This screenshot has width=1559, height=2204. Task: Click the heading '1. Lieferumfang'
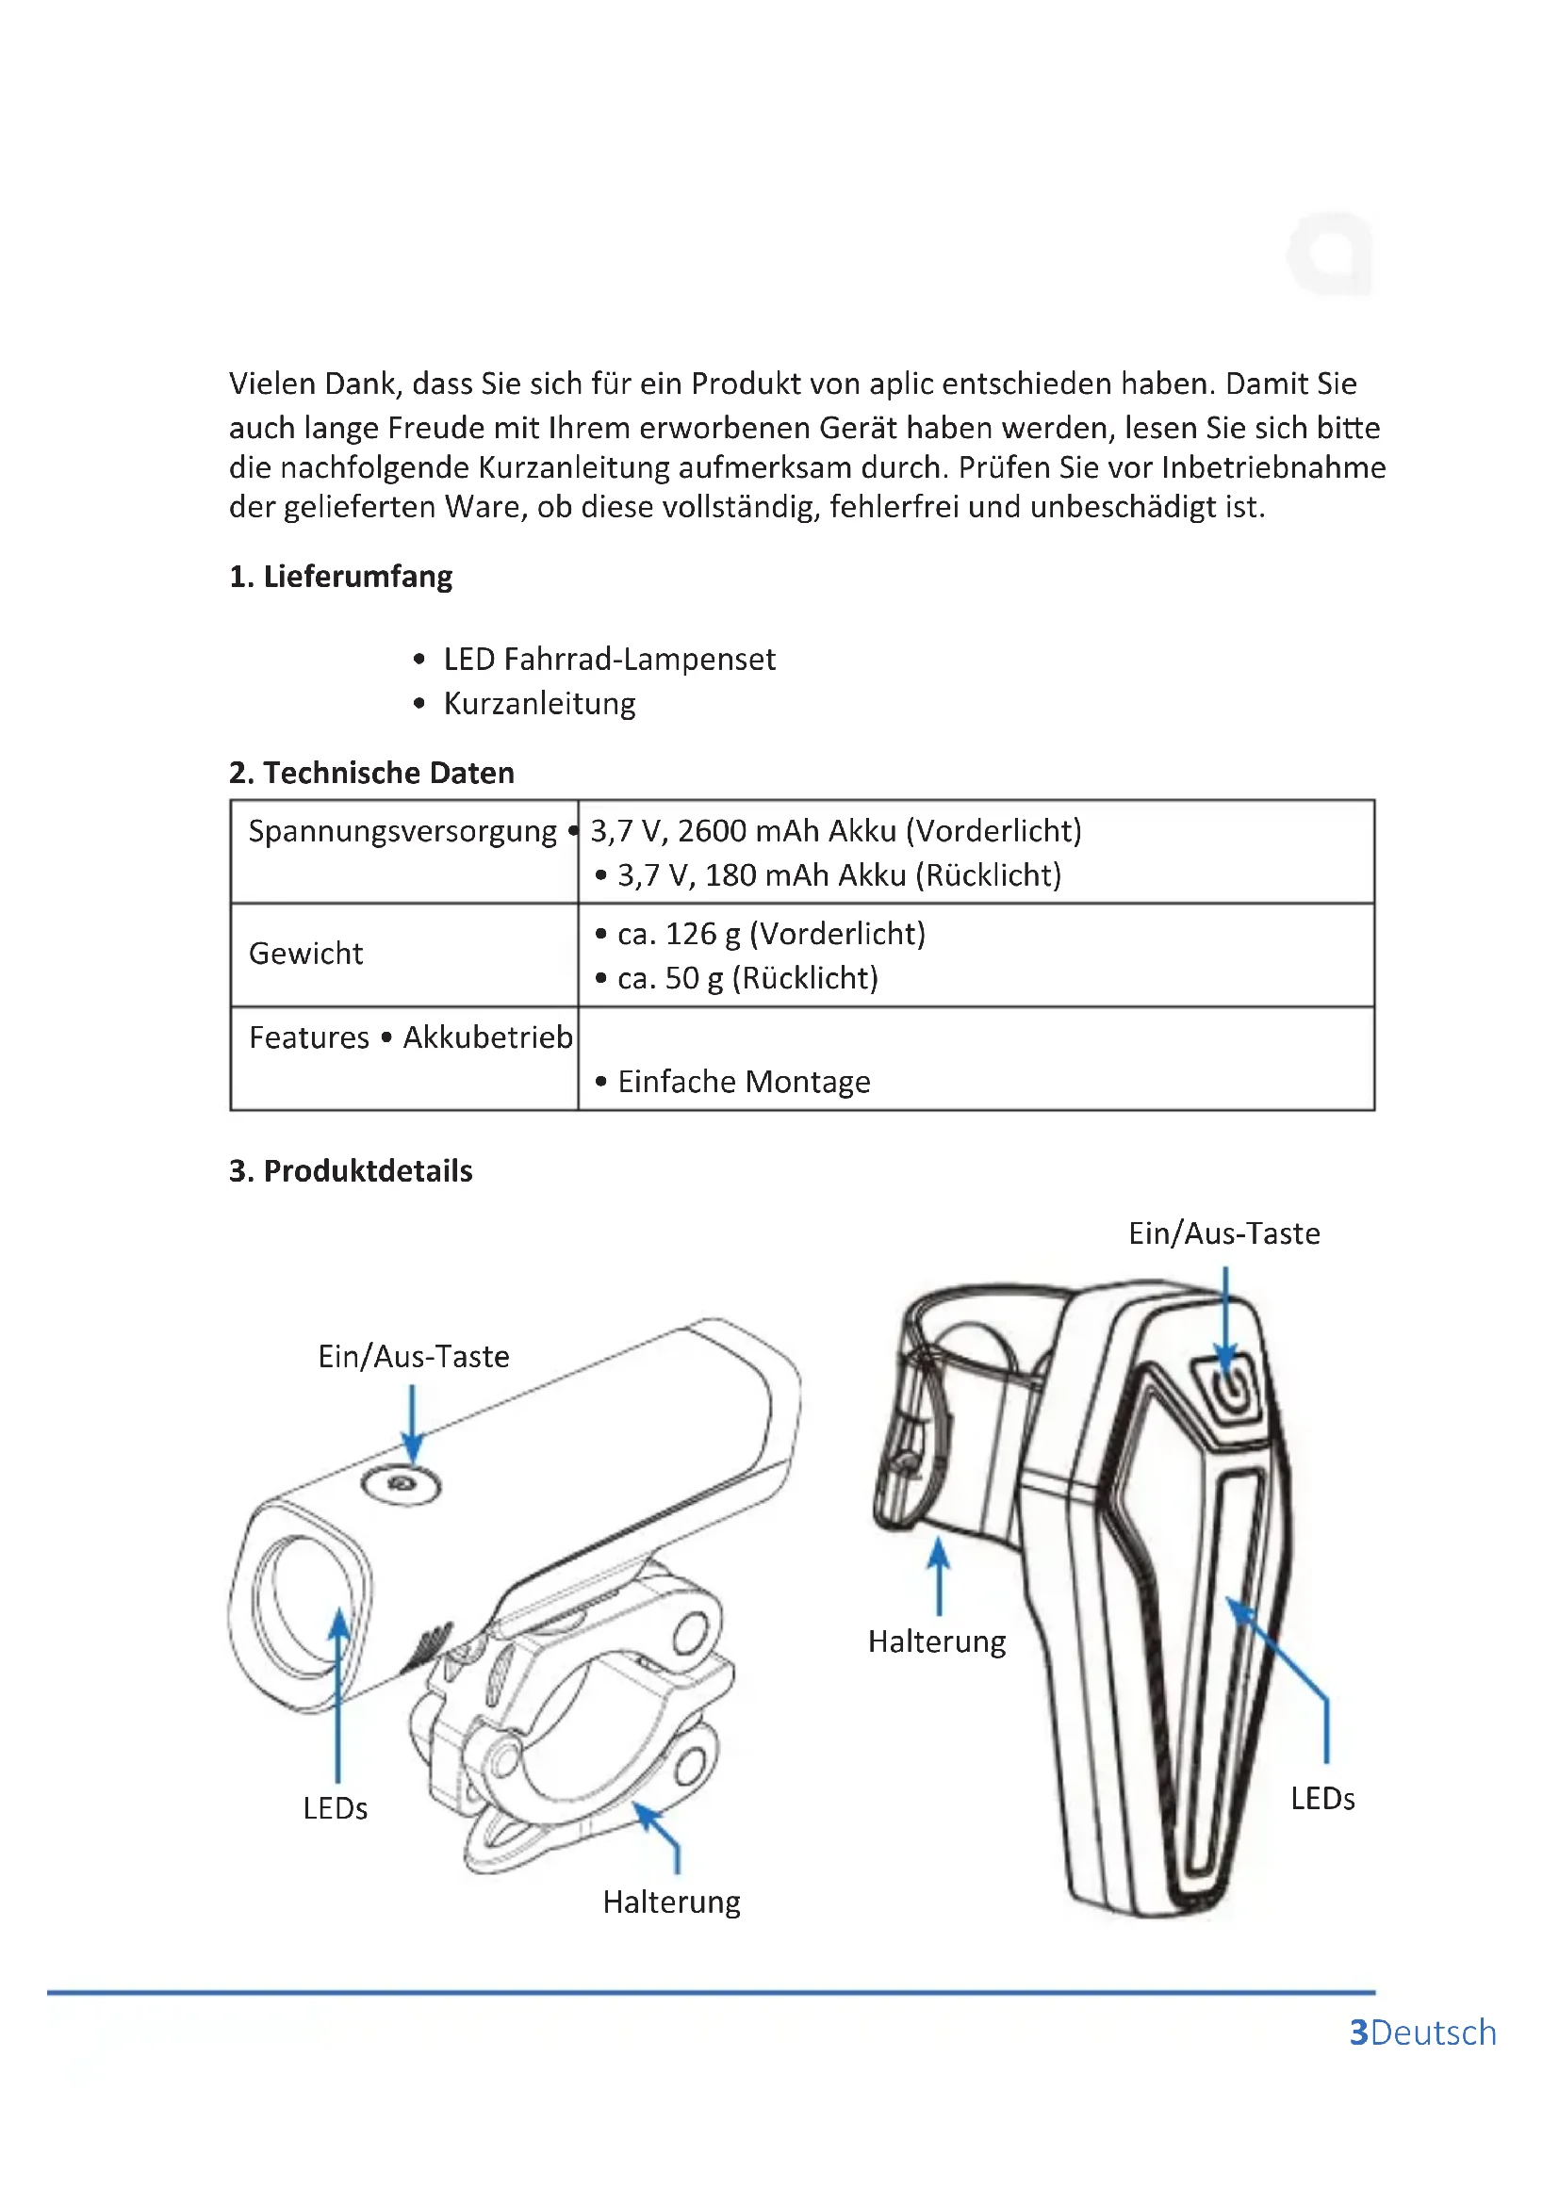(x=340, y=577)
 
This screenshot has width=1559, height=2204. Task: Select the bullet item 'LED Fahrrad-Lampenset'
(x=609, y=660)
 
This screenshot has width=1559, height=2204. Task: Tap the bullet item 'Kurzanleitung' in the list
(x=539, y=704)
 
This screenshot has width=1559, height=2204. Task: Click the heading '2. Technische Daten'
(x=370, y=773)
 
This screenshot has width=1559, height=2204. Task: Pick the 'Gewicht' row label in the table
(x=305, y=954)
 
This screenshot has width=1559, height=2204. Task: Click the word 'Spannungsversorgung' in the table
(x=402, y=831)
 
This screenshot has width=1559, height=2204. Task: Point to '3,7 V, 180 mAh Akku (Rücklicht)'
(x=838, y=875)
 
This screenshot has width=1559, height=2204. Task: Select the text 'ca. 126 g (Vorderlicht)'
(x=771, y=934)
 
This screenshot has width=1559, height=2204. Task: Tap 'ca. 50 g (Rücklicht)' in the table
(x=747, y=978)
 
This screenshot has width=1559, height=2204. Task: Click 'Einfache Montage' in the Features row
(x=743, y=1082)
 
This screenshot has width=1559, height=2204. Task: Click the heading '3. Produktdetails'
(x=351, y=1171)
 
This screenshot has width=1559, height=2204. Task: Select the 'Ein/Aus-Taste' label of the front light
(x=414, y=1356)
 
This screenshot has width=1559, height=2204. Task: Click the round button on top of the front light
(x=402, y=1485)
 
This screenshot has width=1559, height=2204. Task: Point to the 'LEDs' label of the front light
(x=335, y=1808)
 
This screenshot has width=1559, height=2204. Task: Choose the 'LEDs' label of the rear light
(x=1321, y=1799)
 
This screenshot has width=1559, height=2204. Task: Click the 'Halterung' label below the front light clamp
(x=671, y=1902)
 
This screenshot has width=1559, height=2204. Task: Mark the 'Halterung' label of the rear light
(x=937, y=1641)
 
